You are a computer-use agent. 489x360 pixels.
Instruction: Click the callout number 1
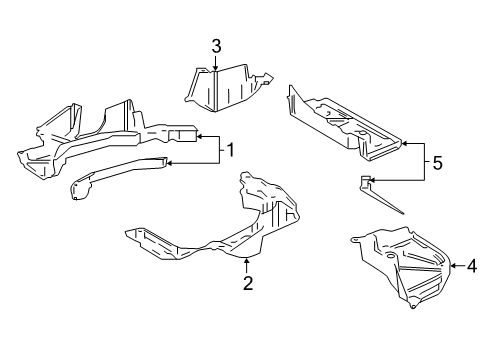(x=230, y=150)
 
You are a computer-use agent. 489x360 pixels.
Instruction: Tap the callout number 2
(x=247, y=283)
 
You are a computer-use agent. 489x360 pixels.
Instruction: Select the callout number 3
(x=215, y=45)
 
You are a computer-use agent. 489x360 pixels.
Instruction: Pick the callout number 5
(x=436, y=162)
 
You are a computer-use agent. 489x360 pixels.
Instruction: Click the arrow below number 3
(x=215, y=64)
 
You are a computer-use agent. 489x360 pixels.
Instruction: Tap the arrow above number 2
(x=247, y=262)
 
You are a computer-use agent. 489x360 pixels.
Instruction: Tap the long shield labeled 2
(x=220, y=230)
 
